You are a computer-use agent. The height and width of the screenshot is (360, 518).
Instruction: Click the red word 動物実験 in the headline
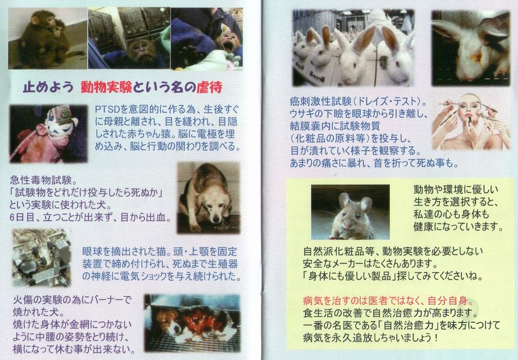106,87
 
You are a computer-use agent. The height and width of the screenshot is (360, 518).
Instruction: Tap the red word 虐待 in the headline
209,87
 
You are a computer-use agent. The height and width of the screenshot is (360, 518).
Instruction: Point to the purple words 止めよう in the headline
48,87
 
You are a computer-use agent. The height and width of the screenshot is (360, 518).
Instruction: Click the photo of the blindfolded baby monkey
48,134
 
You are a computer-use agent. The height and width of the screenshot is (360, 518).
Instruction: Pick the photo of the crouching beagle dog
209,197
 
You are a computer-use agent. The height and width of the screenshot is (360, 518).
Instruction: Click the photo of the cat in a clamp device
41,257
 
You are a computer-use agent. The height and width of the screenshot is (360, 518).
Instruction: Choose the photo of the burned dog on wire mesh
192,323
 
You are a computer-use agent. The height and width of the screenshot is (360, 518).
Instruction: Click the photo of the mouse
350,212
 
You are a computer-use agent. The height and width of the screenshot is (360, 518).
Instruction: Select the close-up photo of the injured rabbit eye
471,48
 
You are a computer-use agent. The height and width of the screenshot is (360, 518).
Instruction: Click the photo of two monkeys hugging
48,38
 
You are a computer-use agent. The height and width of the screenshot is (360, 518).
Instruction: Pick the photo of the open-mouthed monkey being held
207,39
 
